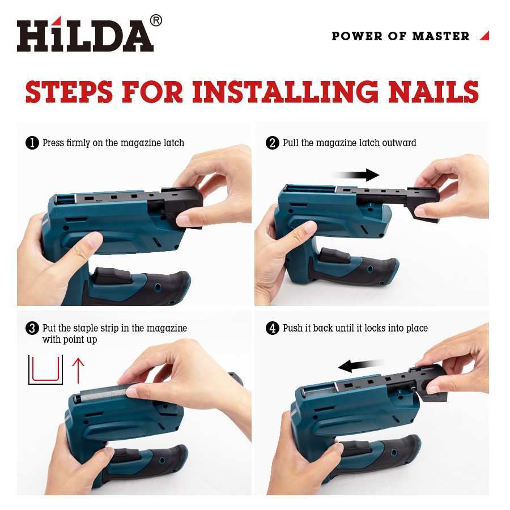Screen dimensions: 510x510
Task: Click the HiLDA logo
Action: pos(85,34)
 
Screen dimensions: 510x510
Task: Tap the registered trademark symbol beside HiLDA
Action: pos(156,20)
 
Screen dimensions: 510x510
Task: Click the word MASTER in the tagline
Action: pos(441,36)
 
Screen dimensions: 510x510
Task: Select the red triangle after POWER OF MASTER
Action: pos(484,36)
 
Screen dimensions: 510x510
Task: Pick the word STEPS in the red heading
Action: pos(69,91)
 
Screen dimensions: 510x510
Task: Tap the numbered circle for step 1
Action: pos(32,143)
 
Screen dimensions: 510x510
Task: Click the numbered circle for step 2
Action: pos(272,143)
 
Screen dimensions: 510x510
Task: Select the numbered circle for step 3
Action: pos(32,328)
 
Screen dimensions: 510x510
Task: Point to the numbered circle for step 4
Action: pos(272,328)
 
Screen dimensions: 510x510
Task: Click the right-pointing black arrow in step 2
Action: pos(356,175)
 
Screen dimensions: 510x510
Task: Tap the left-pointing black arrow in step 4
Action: pos(362,365)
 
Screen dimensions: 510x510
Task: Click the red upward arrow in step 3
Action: pos(78,371)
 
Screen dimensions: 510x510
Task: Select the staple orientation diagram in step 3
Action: pos(45,369)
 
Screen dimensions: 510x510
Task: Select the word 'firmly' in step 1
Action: pos(78,143)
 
